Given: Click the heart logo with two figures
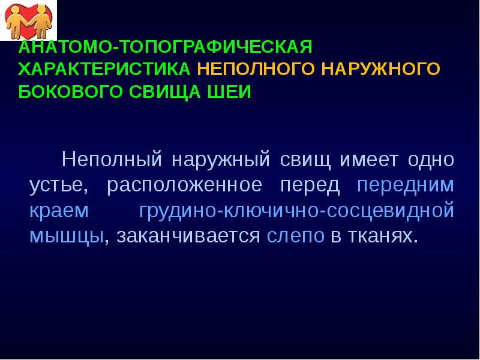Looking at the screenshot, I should (29, 20).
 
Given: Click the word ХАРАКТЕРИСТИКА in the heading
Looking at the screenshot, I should (104, 69).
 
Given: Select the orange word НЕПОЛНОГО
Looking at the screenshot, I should (256, 69).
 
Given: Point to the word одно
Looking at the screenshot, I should (431, 160).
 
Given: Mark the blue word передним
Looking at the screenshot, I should (405, 185).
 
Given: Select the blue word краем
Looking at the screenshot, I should (59, 211).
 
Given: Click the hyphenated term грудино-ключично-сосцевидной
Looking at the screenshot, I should (296, 211).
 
